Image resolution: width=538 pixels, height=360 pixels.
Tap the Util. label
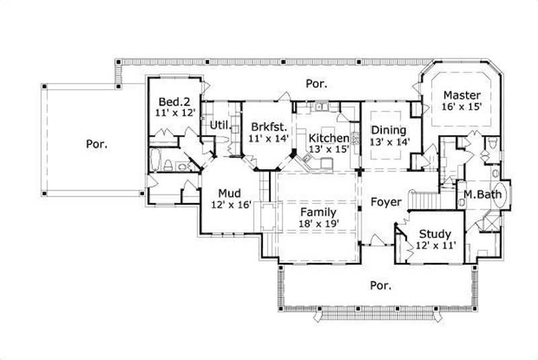[x=219, y=126]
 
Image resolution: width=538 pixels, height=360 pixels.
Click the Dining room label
[x=388, y=130]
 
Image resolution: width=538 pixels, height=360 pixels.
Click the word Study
[x=434, y=234]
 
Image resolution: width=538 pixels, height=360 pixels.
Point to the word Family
[x=318, y=212]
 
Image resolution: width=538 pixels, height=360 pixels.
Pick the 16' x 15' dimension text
[x=461, y=107]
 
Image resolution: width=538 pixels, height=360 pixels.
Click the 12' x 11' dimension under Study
[x=436, y=246]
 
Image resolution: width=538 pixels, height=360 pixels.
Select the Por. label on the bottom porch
[x=381, y=285]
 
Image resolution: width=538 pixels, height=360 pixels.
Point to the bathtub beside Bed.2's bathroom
[x=155, y=161]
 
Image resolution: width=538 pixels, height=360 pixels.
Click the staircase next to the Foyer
[x=426, y=200]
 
